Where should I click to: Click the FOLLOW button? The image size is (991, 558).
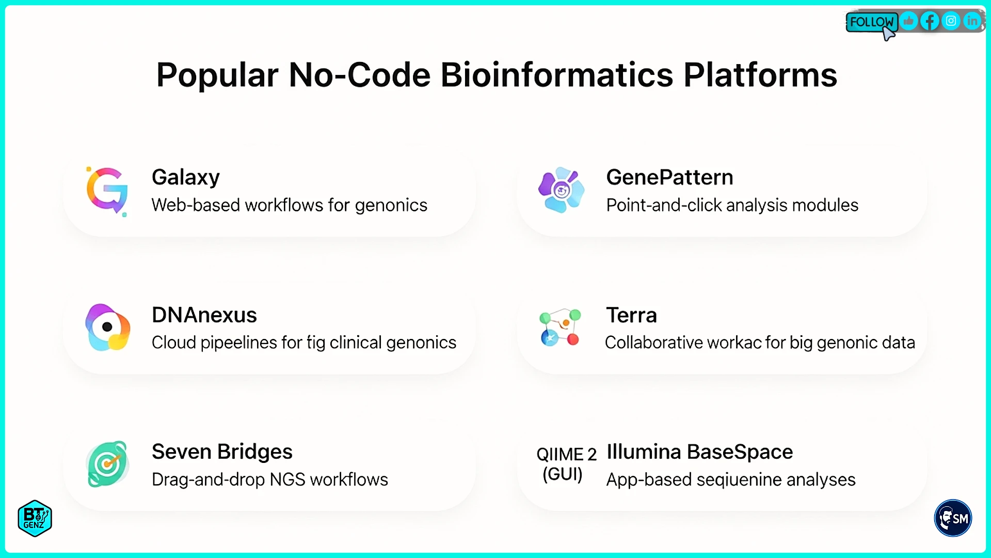click(x=871, y=22)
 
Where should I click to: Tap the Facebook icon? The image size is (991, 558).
click(x=930, y=21)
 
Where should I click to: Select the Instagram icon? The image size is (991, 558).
click(x=951, y=21)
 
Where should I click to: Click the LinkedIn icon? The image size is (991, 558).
click(x=972, y=21)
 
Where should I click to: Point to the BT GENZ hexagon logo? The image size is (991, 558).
click(x=35, y=518)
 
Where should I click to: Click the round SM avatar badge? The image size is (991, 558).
click(x=953, y=518)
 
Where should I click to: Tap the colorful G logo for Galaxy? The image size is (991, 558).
click(x=107, y=191)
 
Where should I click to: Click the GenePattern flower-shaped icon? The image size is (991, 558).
click(x=561, y=190)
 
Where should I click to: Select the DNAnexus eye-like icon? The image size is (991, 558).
click(x=107, y=327)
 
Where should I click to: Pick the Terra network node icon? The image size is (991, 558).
click(x=560, y=328)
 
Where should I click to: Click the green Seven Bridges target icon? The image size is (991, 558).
click(x=107, y=464)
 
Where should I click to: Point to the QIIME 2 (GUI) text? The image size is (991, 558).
click(x=566, y=464)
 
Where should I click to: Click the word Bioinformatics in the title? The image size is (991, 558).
click(x=556, y=75)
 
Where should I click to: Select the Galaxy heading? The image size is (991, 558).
click(x=186, y=177)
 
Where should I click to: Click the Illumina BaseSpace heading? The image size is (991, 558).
click(x=699, y=452)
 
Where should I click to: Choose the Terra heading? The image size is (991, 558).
click(x=631, y=315)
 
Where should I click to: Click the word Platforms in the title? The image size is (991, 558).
click(x=760, y=75)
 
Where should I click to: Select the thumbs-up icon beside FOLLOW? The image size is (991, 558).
click(x=908, y=21)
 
